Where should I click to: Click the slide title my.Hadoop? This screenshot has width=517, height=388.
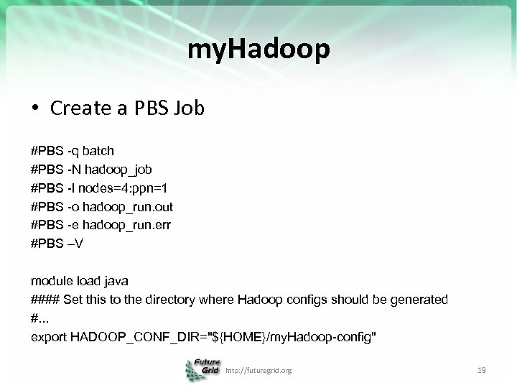pos(258,50)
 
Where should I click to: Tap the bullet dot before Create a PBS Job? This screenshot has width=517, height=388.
pos(35,109)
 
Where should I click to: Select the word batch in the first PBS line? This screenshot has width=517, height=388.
pos(98,151)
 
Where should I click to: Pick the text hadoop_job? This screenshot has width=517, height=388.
pos(117,170)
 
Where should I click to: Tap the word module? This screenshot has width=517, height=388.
pos(51,280)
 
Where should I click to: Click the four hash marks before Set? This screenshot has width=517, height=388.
pos(46,299)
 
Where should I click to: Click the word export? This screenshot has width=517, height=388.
pos(49,336)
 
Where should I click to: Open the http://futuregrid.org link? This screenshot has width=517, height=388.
pos(258,371)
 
